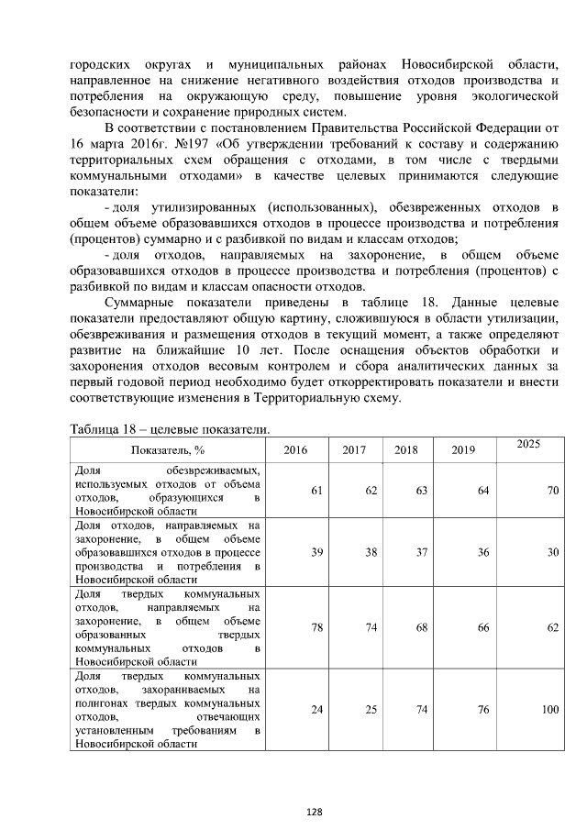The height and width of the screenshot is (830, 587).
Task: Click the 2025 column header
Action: [x=527, y=443]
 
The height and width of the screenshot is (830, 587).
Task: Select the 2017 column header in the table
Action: [x=354, y=450]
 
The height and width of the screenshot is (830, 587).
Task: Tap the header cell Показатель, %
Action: [x=168, y=450]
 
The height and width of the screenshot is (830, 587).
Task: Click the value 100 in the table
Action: [x=549, y=710]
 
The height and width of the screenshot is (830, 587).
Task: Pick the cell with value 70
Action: [x=553, y=491]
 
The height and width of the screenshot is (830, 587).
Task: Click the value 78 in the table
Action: [x=316, y=628]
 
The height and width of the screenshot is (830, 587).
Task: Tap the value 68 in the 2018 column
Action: [x=422, y=628]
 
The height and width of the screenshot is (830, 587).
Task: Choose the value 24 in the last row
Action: [x=316, y=710]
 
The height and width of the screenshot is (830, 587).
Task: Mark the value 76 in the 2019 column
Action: [x=482, y=710]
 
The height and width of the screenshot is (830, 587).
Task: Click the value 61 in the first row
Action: [x=316, y=491]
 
